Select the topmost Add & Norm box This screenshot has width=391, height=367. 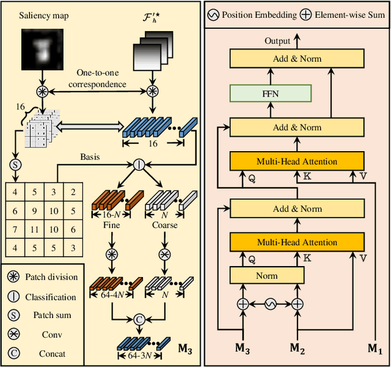click(x=297, y=59)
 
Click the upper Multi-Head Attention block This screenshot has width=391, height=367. click(x=297, y=161)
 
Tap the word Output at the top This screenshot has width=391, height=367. click(x=277, y=41)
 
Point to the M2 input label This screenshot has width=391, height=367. click(x=297, y=349)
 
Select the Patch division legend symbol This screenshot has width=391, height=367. click(x=13, y=277)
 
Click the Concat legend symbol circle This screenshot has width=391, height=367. click(x=13, y=353)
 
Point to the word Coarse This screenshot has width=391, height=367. click(x=164, y=225)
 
